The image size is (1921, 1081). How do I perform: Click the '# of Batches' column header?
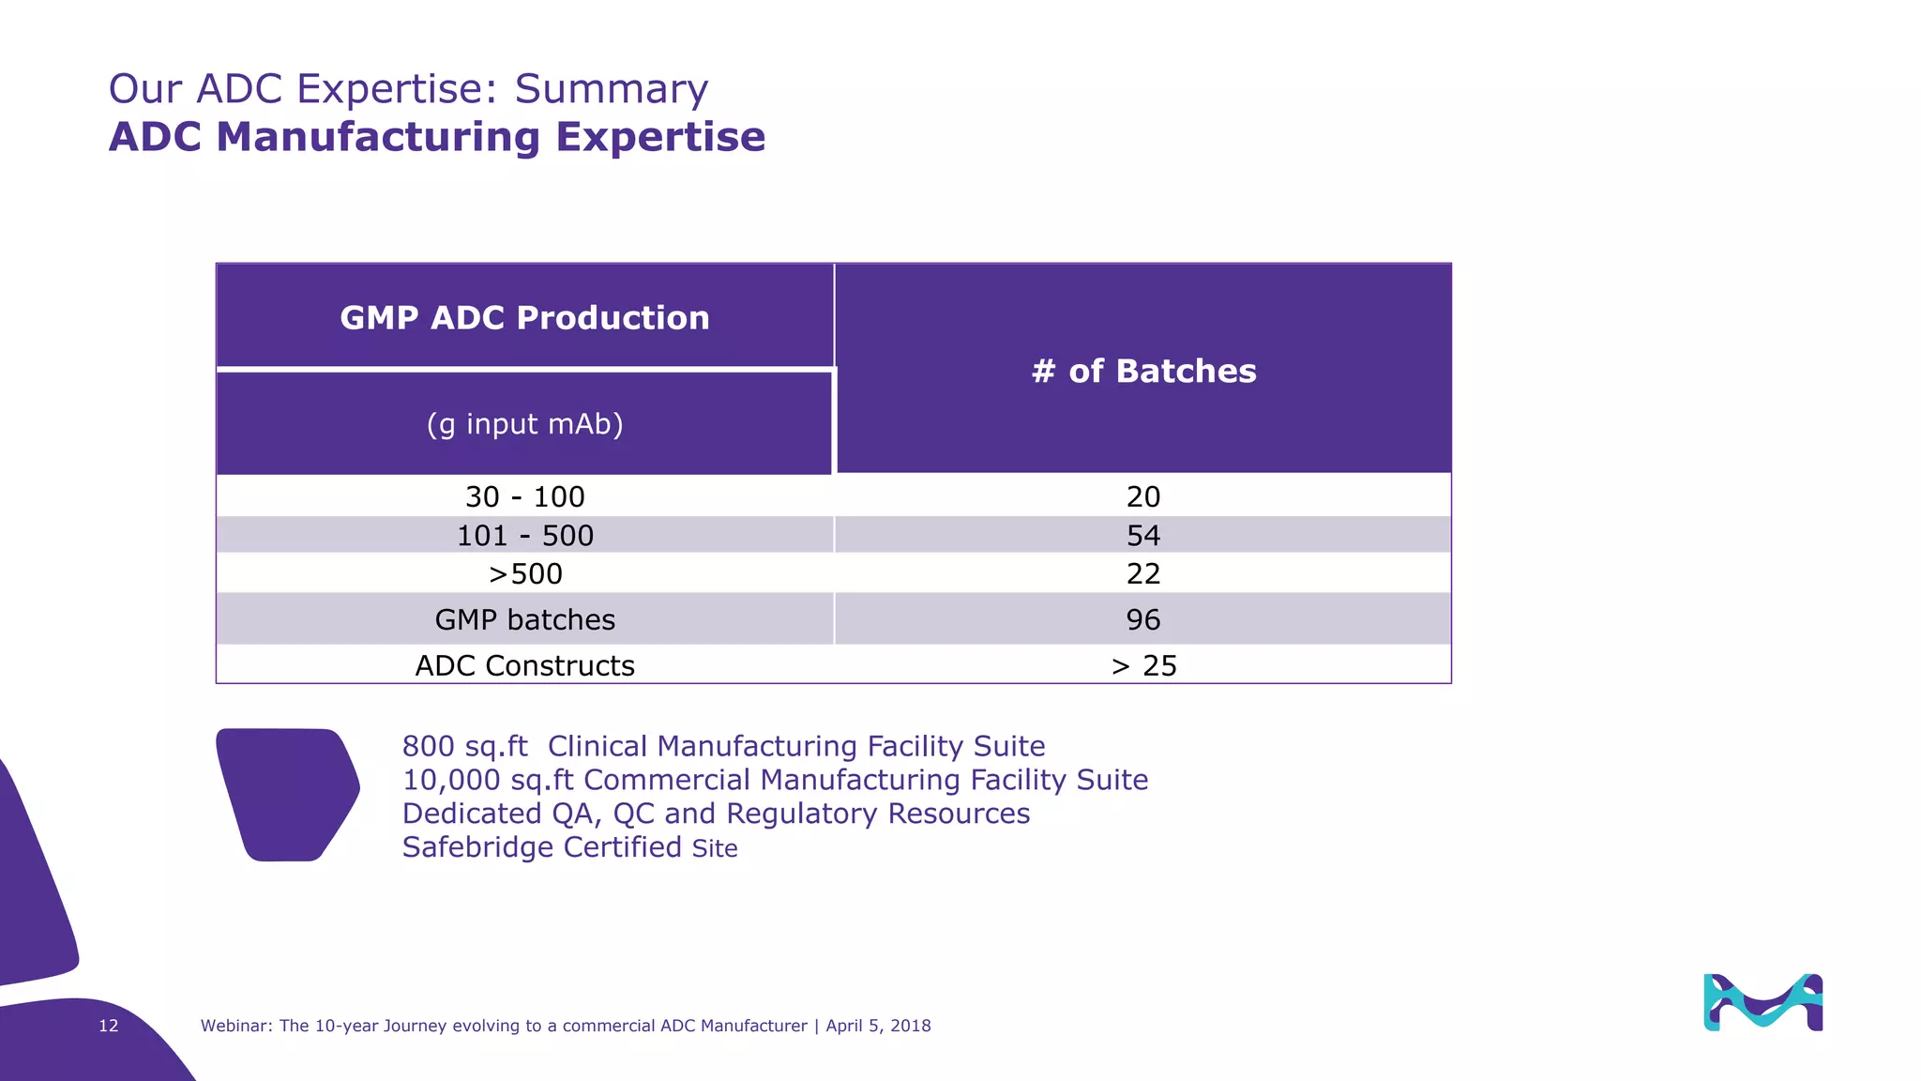pyautogui.click(x=1142, y=371)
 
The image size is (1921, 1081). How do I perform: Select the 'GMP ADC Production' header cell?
pyautogui.click(x=524, y=317)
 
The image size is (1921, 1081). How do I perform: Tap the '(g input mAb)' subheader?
pyautogui.click(x=524, y=424)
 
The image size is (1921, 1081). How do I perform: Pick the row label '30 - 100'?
pyautogui.click(x=524, y=496)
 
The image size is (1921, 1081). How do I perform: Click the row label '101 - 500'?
pyautogui.click(x=524, y=536)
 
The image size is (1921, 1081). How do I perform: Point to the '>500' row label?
pyautogui.click(x=524, y=573)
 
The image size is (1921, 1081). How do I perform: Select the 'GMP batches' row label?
pyautogui.click(x=524, y=619)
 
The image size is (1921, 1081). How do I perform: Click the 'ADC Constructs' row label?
pyautogui.click(x=524, y=665)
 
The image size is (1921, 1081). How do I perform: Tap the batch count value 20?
pyautogui.click(x=1142, y=496)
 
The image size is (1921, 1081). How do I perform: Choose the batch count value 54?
pyautogui.click(x=1142, y=536)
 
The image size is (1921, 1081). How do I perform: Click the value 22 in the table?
pyautogui.click(x=1142, y=573)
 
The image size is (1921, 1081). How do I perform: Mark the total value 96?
pyautogui.click(x=1142, y=619)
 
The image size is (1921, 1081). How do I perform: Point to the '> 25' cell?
pyautogui.click(x=1142, y=665)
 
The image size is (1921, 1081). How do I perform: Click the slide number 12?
pyautogui.click(x=109, y=1026)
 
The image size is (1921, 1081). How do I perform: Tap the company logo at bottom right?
pyautogui.click(x=1762, y=1002)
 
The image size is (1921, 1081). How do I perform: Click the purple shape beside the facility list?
pyautogui.click(x=287, y=794)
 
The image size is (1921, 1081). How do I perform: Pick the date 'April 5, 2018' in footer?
pyautogui.click(x=878, y=1026)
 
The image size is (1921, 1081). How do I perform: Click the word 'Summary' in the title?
pyautogui.click(x=611, y=89)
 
